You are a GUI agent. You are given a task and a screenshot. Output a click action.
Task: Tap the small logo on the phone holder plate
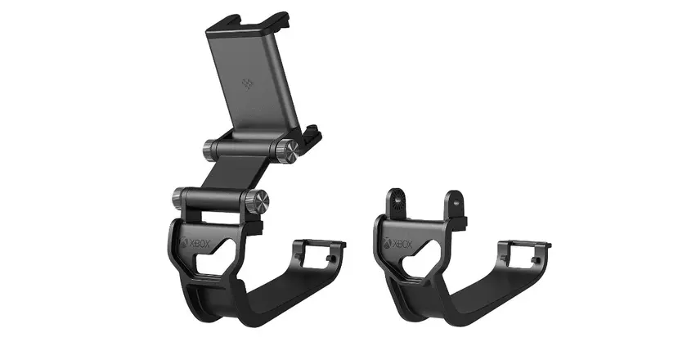(247, 83)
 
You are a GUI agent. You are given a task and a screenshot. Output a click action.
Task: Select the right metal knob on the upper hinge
(287, 151)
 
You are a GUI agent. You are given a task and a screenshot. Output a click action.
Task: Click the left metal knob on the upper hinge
(209, 150)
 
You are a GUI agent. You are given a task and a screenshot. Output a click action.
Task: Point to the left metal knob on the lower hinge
(180, 198)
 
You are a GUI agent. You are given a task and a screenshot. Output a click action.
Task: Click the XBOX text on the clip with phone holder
(200, 244)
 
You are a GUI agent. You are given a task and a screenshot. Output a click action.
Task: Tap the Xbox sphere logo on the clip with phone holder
(184, 241)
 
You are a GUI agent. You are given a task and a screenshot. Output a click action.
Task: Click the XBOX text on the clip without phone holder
(402, 244)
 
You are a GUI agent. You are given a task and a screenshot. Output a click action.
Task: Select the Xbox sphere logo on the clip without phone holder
(388, 242)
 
